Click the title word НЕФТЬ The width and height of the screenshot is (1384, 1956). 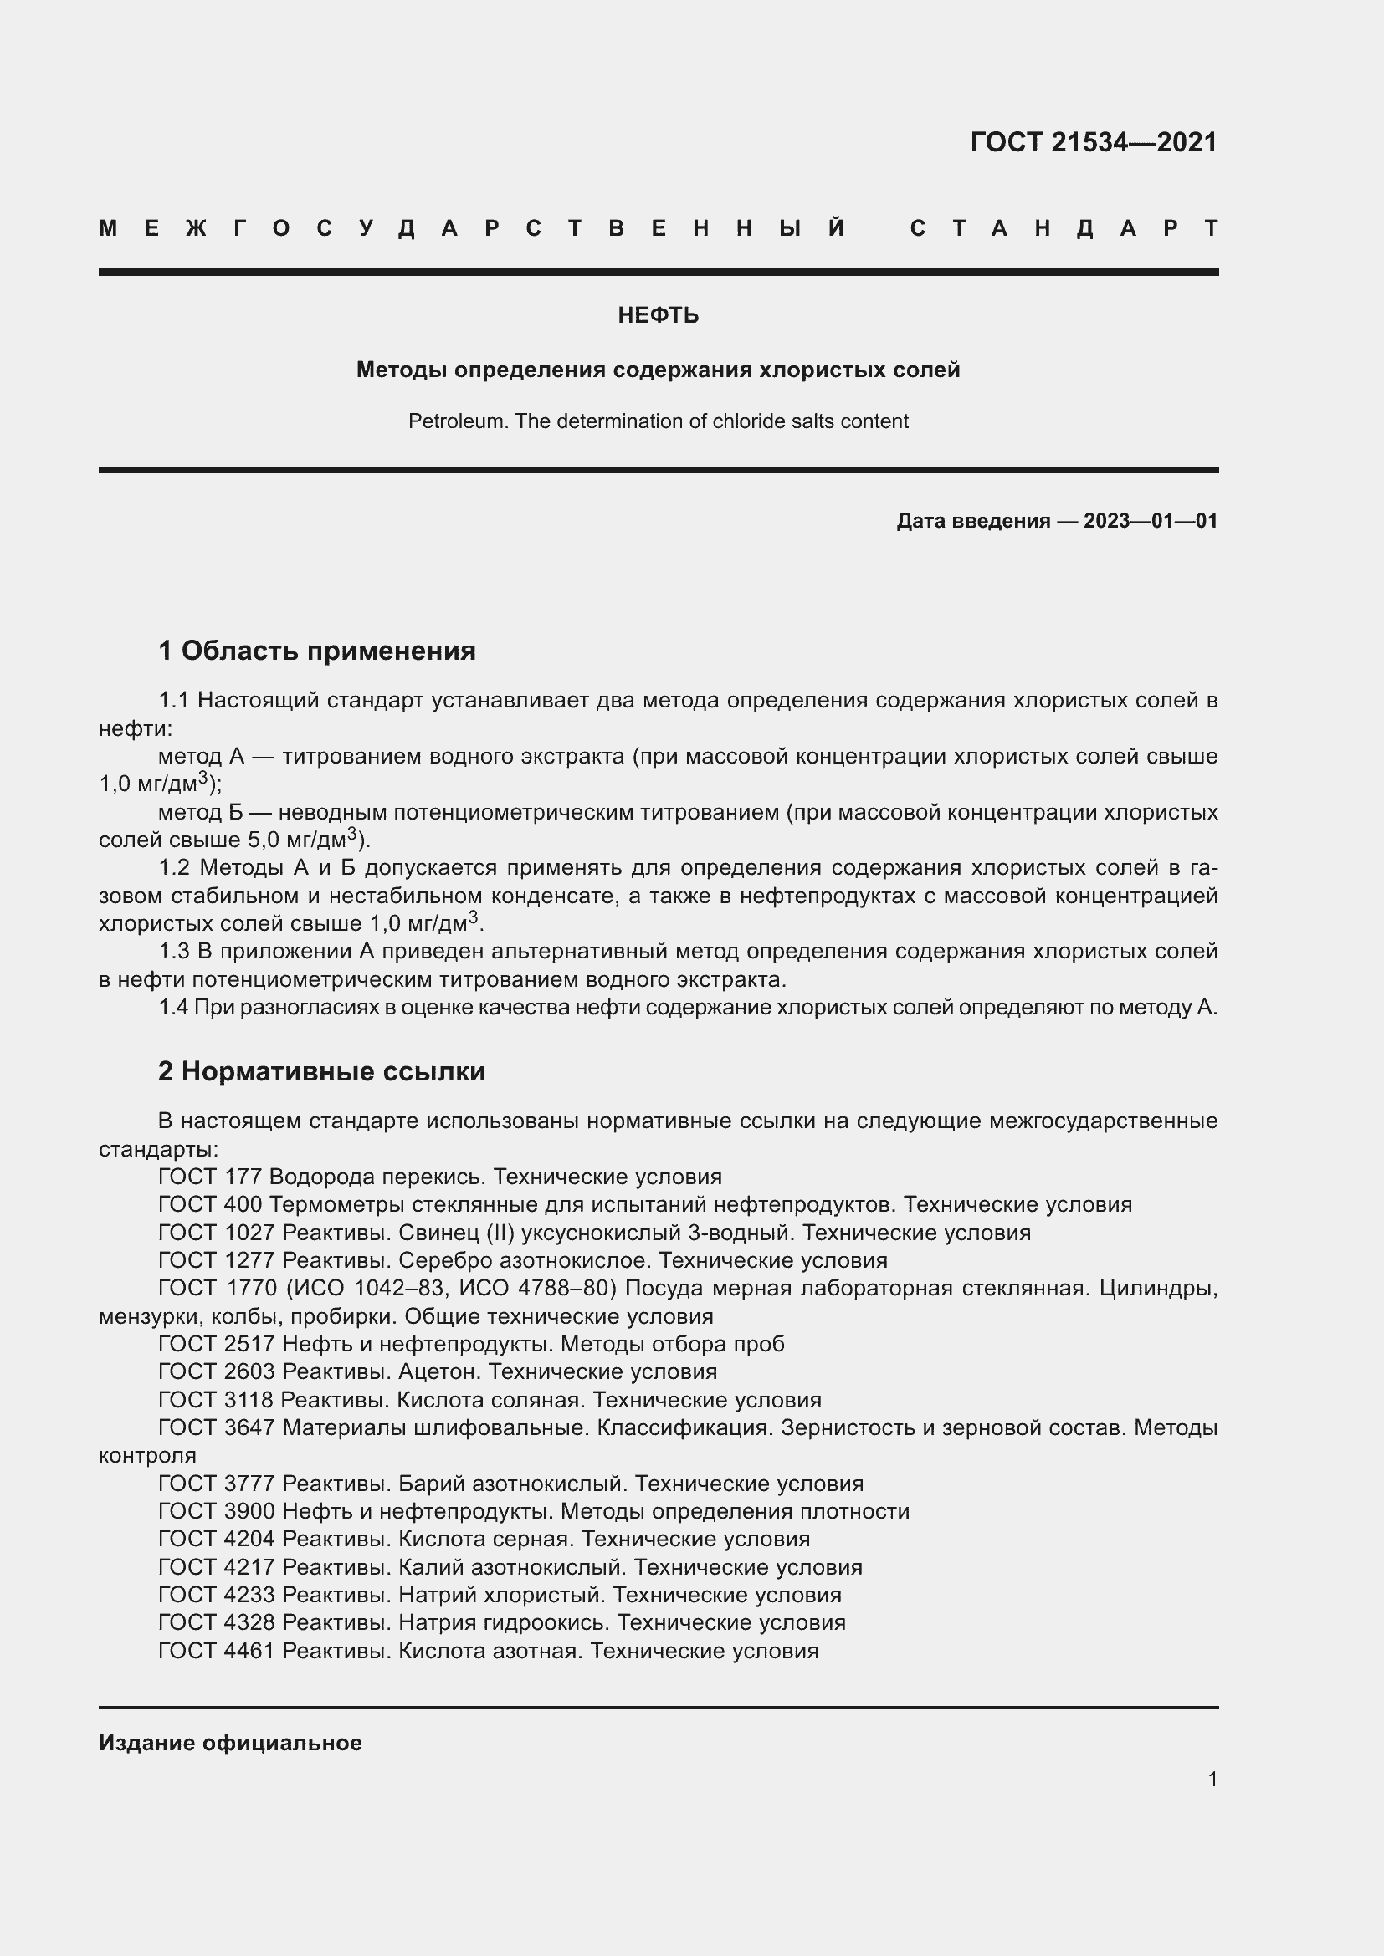click(x=658, y=316)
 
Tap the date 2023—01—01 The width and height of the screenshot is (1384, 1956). click(x=1150, y=520)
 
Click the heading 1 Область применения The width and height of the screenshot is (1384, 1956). click(x=317, y=651)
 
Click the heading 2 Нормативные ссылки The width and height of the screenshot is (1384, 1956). click(x=321, y=1072)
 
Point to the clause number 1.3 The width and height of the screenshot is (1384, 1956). click(x=174, y=952)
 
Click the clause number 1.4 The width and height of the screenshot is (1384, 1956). click(x=174, y=1008)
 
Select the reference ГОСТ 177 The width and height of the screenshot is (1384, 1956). click(x=211, y=1177)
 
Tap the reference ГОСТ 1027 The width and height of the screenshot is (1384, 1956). click(x=217, y=1233)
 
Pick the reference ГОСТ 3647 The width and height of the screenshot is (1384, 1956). click(x=217, y=1427)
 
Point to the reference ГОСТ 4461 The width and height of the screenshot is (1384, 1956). click(x=217, y=1650)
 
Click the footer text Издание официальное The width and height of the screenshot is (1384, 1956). click(x=230, y=1743)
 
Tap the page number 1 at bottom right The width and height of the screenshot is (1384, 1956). click(x=1212, y=1779)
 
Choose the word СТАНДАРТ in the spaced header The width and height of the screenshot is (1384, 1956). click(x=1064, y=228)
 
